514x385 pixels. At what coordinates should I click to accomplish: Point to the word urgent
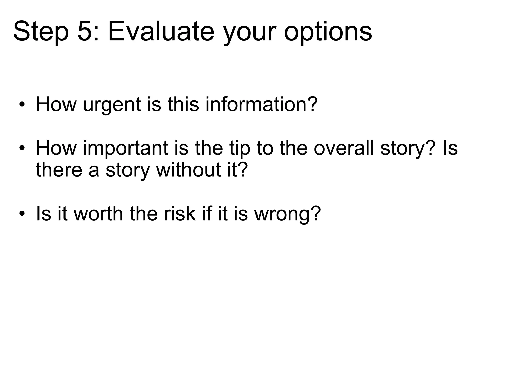coord(112,105)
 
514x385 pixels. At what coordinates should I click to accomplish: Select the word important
coord(125,149)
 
